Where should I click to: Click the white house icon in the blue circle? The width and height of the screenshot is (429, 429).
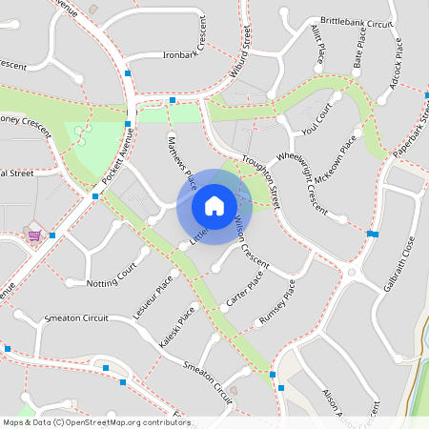pyautogui.click(x=214, y=206)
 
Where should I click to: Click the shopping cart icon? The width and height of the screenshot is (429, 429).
pyautogui.click(x=35, y=235)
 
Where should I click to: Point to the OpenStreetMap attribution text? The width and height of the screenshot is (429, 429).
pyautogui.click(x=96, y=421)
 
